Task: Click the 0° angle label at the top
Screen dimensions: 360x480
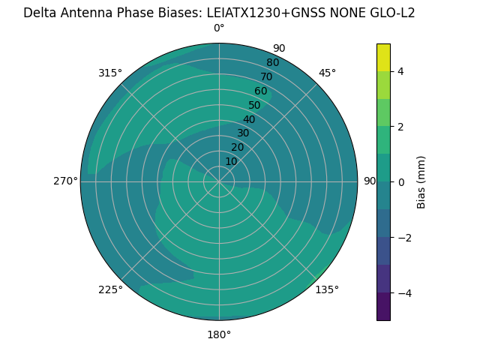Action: click(219, 28)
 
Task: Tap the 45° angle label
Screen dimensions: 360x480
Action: click(327, 73)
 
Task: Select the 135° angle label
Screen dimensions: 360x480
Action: click(327, 289)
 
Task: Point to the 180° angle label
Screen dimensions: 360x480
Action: click(219, 334)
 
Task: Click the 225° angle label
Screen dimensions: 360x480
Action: click(110, 289)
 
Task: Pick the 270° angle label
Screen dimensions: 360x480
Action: click(65, 181)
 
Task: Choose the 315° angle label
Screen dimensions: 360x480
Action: click(110, 73)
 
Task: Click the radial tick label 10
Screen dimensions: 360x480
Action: click(231, 161)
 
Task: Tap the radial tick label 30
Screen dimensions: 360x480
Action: click(243, 133)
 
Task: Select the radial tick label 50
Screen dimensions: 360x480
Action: click(254, 106)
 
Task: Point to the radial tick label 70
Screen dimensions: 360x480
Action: click(266, 76)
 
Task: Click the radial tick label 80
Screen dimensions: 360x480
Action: click(272, 63)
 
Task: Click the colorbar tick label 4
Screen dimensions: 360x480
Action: click(401, 71)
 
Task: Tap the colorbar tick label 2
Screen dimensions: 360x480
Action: click(401, 127)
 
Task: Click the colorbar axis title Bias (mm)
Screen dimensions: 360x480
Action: click(421, 182)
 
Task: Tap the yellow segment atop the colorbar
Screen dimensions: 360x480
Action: click(383, 57)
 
